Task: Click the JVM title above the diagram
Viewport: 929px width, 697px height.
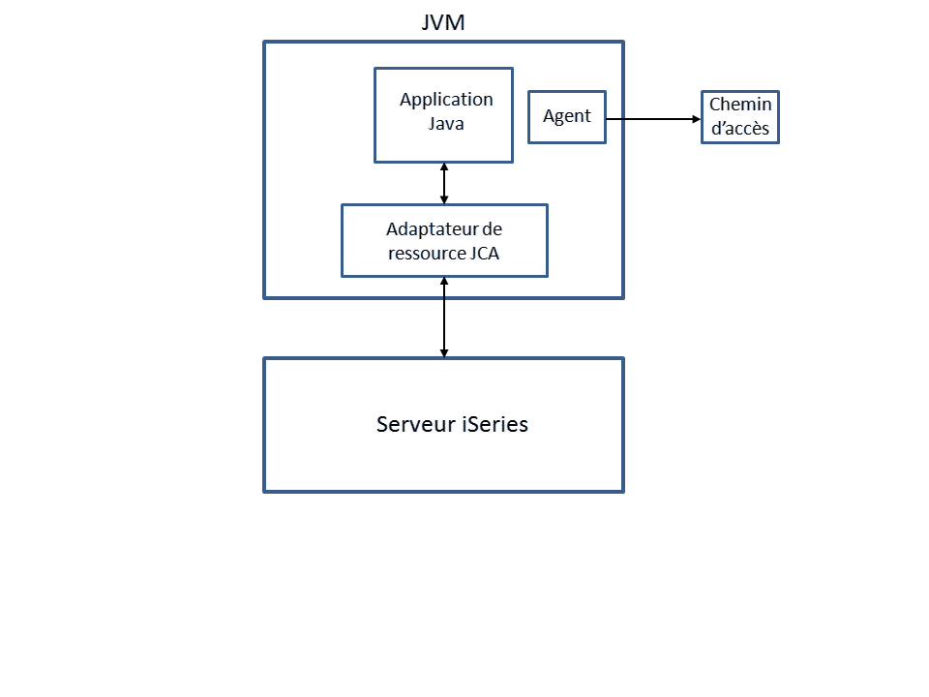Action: (443, 22)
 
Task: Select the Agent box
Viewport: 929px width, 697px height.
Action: (566, 117)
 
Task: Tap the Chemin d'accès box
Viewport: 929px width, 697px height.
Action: (739, 117)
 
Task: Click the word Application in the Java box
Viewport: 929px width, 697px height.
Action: (446, 100)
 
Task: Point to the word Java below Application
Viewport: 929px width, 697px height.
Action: (446, 124)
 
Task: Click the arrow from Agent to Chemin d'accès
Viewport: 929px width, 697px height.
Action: (653, 118)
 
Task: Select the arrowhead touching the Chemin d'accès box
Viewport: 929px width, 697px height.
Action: (695, 118)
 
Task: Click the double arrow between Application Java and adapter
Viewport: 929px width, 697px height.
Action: (444, 183)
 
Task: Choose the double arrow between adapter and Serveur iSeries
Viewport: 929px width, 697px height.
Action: (444, 318)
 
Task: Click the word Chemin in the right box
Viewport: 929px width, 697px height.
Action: (740, 106)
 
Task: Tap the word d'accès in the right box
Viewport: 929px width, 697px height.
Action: (740, 129)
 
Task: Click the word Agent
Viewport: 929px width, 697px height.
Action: (566, 117)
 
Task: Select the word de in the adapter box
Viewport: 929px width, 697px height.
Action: (492, 229)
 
